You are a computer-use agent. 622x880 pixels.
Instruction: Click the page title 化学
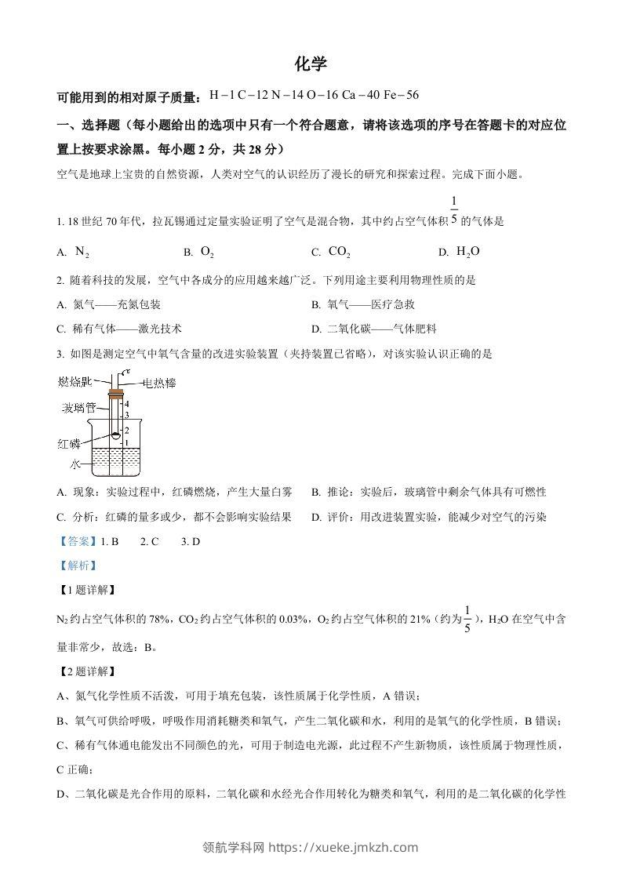[311, 64]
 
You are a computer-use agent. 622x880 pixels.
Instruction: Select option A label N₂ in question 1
[82, 251]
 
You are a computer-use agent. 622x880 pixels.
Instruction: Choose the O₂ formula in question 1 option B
[207, 251]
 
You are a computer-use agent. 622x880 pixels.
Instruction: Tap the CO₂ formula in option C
[339, 251]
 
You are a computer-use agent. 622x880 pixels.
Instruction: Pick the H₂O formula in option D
[467, 251]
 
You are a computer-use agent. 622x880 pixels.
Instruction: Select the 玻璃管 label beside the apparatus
[79, 408]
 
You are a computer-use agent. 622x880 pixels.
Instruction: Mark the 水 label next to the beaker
[75, 464]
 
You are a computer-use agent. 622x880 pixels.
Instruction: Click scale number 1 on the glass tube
[126, 442]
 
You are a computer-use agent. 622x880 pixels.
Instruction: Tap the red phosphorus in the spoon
[115, 436]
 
